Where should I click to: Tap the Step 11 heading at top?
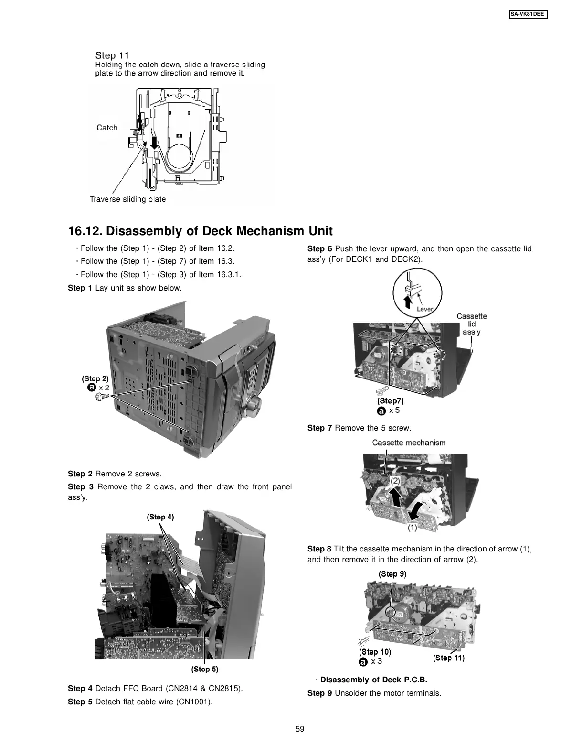coord(112,55)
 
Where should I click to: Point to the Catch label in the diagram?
coord(107,128)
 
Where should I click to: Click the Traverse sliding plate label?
coord(128,199)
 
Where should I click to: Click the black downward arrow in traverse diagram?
coord(154,140)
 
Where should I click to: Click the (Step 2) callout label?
coord(95,378)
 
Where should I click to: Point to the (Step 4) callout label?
coord(160,517)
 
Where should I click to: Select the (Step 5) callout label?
coord(204,670)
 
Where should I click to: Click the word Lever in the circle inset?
coord(424,309)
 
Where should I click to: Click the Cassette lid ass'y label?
coord(472,324)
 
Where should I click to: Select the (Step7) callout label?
coord(391,400)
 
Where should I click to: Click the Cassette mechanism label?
coord(409,443)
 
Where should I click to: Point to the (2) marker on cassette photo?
coord(396,481)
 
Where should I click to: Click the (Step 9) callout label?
coord(392,574)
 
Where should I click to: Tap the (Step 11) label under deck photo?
coord(449,658)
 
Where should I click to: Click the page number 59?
coord(300,729)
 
